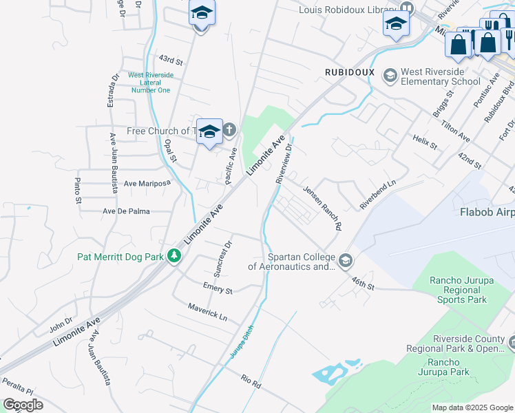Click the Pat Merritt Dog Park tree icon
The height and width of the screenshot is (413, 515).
point(175,257)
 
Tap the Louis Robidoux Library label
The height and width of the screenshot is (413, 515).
point(348,10)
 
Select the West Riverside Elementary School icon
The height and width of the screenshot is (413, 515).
point(390,75)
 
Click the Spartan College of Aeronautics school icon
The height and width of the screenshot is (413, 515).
point(345,261)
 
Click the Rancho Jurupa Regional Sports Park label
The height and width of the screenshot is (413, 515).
point(459,290)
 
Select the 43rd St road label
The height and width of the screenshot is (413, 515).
point(170,61)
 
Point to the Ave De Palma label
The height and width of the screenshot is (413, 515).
point(126,211)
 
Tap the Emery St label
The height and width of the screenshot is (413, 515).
point(217,288)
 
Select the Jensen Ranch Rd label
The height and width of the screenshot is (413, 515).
point(323,209)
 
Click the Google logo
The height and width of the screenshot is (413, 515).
point(23,405)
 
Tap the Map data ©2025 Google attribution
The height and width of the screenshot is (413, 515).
point(472,407)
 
